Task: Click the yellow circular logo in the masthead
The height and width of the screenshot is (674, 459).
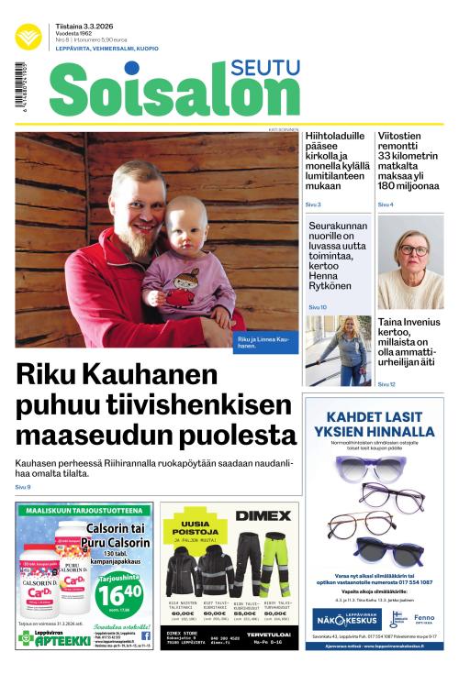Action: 28,36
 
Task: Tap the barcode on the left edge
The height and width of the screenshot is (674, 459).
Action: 19,94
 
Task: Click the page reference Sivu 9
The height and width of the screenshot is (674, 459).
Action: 23,487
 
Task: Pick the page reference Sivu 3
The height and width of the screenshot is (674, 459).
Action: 313,204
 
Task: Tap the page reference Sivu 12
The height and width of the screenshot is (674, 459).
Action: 386,384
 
